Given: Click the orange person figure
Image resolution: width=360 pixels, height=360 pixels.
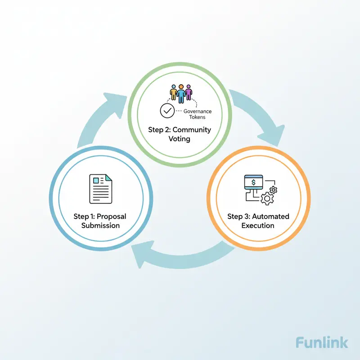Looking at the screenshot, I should (x=174, y=93).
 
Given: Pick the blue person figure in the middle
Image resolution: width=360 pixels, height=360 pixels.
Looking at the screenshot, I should (x=181, y=93).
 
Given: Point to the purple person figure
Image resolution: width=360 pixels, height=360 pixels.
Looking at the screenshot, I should (x=188, y=93).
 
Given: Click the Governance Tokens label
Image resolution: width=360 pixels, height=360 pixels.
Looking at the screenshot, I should (x=198, y=114).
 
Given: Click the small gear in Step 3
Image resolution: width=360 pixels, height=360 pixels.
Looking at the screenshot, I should (x=273, y=190).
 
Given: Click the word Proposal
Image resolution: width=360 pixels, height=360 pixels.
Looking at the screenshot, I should (x=111, y=216).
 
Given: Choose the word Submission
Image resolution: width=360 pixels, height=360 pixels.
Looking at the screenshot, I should (x=101, y=225).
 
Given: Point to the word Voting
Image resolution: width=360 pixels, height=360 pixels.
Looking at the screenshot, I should (x=180, y=139).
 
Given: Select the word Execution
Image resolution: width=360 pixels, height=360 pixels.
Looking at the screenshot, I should (x=258, y=225).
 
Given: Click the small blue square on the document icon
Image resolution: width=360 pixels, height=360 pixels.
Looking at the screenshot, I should (x=95, y=180).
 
